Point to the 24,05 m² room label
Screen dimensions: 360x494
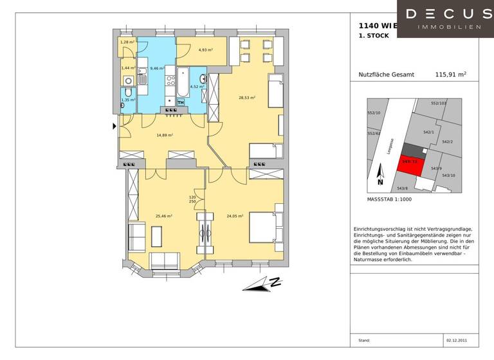[x=234, y=216]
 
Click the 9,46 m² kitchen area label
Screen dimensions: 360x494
[x=158, y=67]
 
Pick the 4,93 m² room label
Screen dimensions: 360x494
[x=205, y=50]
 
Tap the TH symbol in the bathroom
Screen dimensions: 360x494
[x=181, y=102]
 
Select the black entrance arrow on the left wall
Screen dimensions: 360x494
[x=115, y=126]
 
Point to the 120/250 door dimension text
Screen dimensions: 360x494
[x=192, y=199]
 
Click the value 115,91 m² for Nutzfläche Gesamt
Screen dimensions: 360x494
[x=450, y=75]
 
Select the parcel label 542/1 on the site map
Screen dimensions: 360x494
[x=428, y=132]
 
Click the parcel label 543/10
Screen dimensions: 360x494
[x=448, y=175]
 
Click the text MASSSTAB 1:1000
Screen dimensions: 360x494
[x=389, y=199]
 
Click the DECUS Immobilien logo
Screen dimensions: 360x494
[x=444, y=19]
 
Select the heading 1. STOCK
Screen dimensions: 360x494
[x=374, y=36]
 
